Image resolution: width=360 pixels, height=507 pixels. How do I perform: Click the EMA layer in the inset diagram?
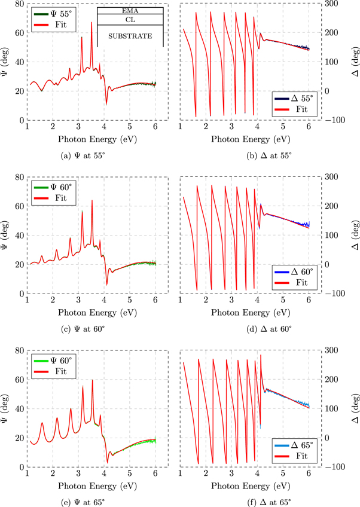click(x=130, y=10)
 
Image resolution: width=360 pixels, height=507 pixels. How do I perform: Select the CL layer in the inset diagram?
click(x=130, y=20)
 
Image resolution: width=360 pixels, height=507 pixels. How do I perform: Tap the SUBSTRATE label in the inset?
click(x=130, y=36)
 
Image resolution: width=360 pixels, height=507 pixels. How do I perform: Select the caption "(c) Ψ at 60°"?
click(x=91, y=330)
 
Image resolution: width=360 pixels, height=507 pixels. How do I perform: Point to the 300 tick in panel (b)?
click(x=332, y=4)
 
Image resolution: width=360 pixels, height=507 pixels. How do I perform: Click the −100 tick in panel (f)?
click(x=335, y=467)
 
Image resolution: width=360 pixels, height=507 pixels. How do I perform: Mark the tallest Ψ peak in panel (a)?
click(x=91, y=23)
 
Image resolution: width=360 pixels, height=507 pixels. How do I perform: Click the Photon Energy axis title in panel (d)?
click(x=245, y=312)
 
